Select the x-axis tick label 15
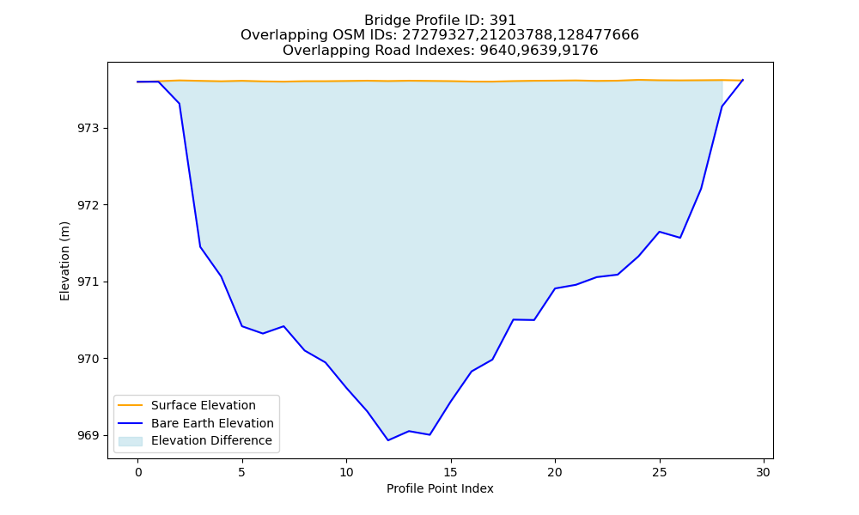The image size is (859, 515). point(451,472)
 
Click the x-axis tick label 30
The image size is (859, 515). point(764,472)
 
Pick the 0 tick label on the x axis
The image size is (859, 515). point(138,472)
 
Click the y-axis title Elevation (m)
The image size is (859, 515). point(64,261)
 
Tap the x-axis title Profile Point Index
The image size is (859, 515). point(440,488)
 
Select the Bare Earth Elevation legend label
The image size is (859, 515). point(212,423)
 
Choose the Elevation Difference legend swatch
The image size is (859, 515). point(131,441)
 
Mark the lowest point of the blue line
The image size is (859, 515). point(388,440)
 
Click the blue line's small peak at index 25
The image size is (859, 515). point(660,232)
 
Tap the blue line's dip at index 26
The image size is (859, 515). point(680,238)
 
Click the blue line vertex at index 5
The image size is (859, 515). point(242,326)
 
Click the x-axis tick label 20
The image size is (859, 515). point(555,472)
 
